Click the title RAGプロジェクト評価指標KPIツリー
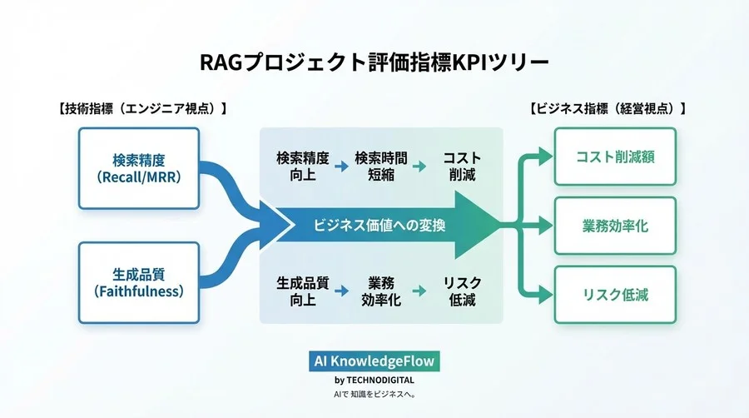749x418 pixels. coord(374,63)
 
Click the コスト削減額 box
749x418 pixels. coord(615,157)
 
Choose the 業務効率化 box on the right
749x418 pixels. coord(615,226)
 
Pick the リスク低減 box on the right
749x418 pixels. coord(615,295)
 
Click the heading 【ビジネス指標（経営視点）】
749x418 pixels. coord(608,109)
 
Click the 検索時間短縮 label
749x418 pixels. coord(381,166)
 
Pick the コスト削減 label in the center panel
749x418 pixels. coord(461,166)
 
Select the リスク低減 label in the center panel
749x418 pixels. coord(461,291)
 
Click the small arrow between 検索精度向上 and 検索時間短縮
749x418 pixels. coord(341,166)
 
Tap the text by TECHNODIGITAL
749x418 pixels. coord(374,380)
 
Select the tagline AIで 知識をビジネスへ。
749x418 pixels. coord(374,394)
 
